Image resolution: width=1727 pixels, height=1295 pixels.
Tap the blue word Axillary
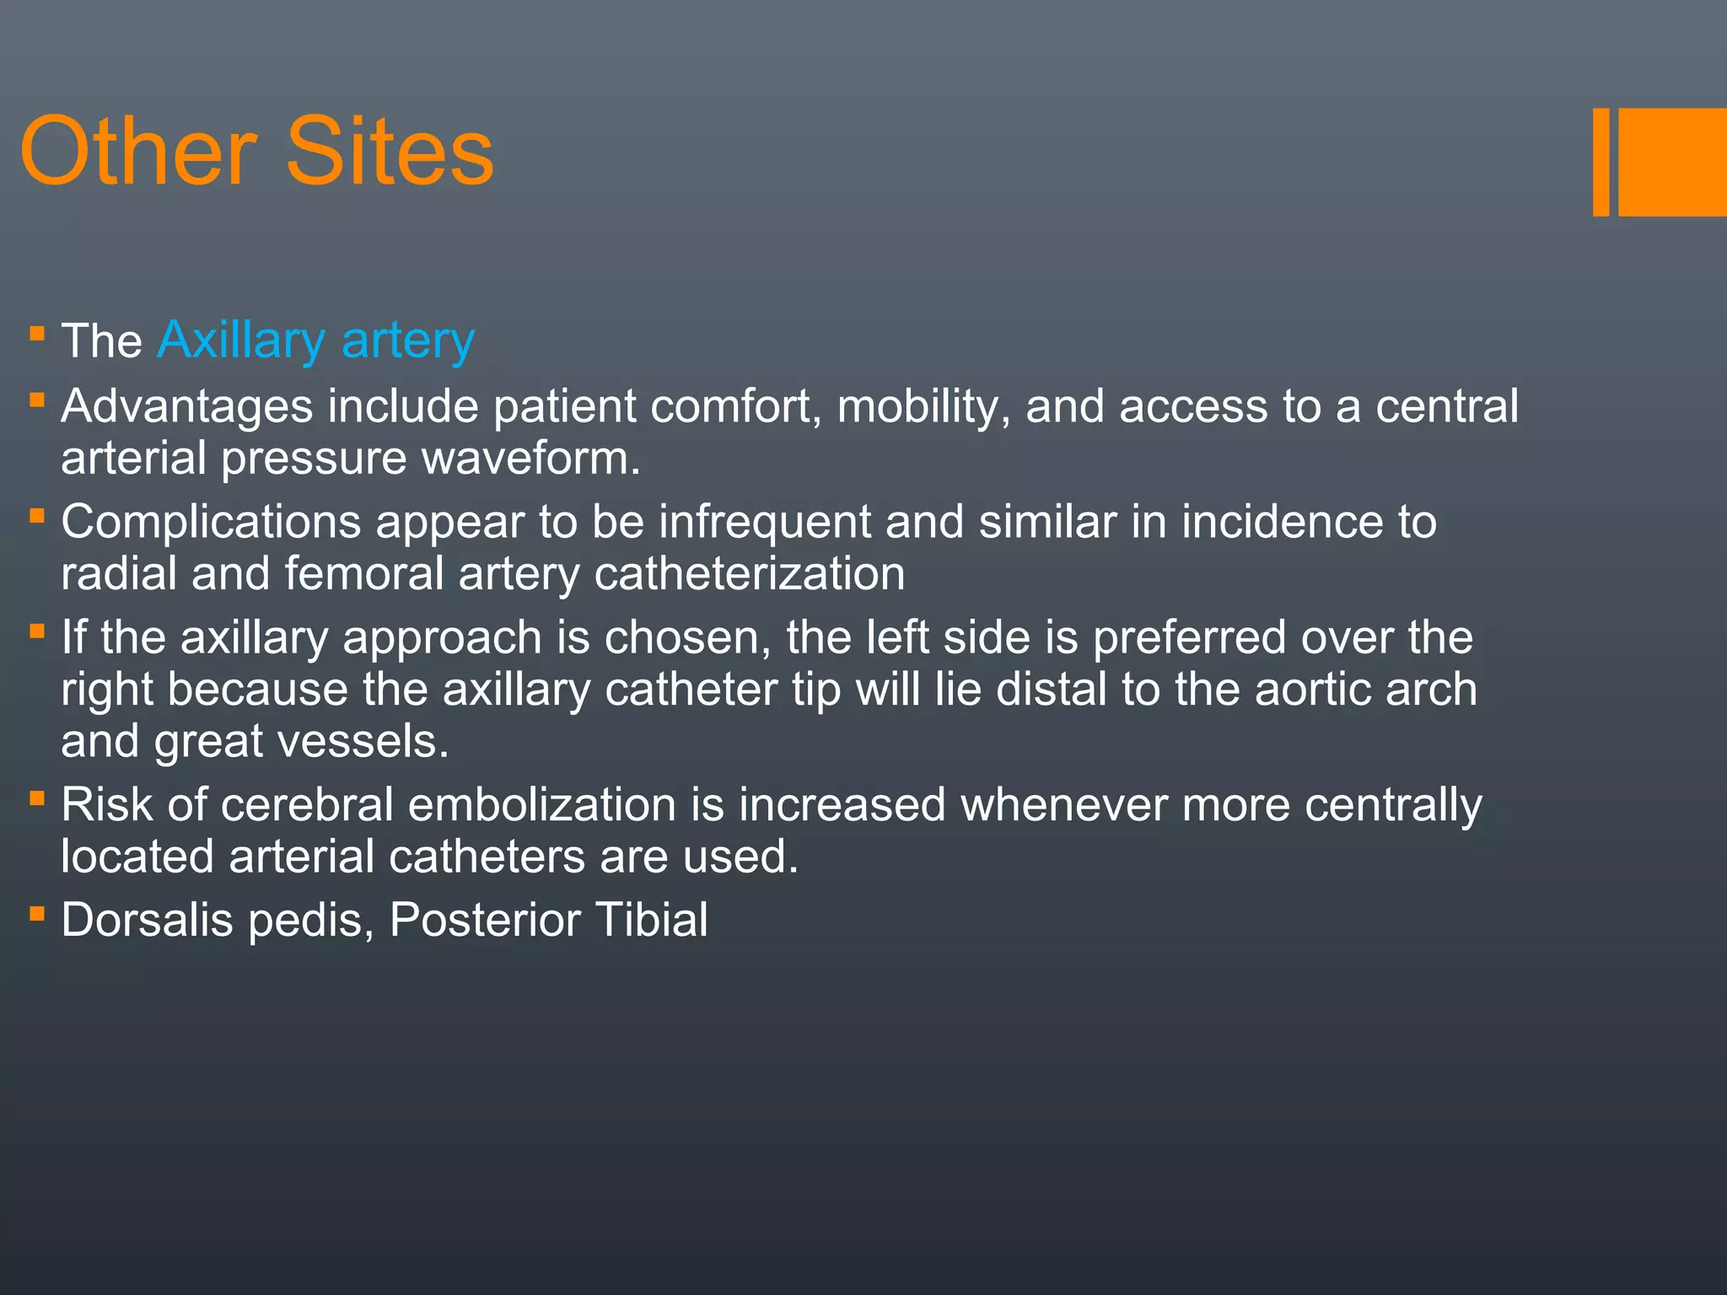(x=241, y=341)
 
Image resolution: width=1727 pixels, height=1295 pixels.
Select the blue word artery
(x=408, y=341)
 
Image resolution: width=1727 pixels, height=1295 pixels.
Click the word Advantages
(x=187, y=406)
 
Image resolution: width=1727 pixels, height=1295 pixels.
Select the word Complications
(x=211, y=522)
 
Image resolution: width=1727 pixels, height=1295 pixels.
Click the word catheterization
(x=750, y=574)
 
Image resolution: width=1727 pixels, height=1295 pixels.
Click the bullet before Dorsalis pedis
(x=36, y=913)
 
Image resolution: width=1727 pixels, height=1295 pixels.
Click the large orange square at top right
(x=1672, y=162)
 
